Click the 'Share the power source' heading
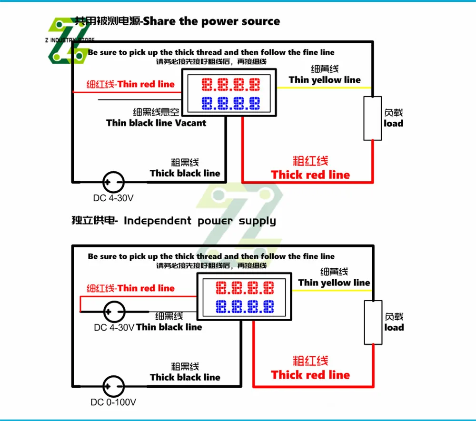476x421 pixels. point(212,21)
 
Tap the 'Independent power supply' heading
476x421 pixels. point(199,221)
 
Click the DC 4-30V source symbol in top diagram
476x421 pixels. point(114,182)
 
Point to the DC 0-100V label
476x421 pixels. point(114,402)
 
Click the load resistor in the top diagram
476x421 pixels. point(372,118)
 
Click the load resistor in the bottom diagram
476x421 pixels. point(373,322)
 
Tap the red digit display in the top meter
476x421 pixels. point(231,85)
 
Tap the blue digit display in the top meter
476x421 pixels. point(231,102)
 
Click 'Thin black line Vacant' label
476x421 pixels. point(156,123)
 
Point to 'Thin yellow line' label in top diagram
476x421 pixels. point(325,80)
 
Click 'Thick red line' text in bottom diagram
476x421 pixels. point(310,375)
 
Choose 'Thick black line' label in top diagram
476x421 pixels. point(185,173)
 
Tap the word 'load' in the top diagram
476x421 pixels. point(394,123)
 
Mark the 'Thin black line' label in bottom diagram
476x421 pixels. point(169,327)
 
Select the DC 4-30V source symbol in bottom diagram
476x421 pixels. point(114,312)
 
